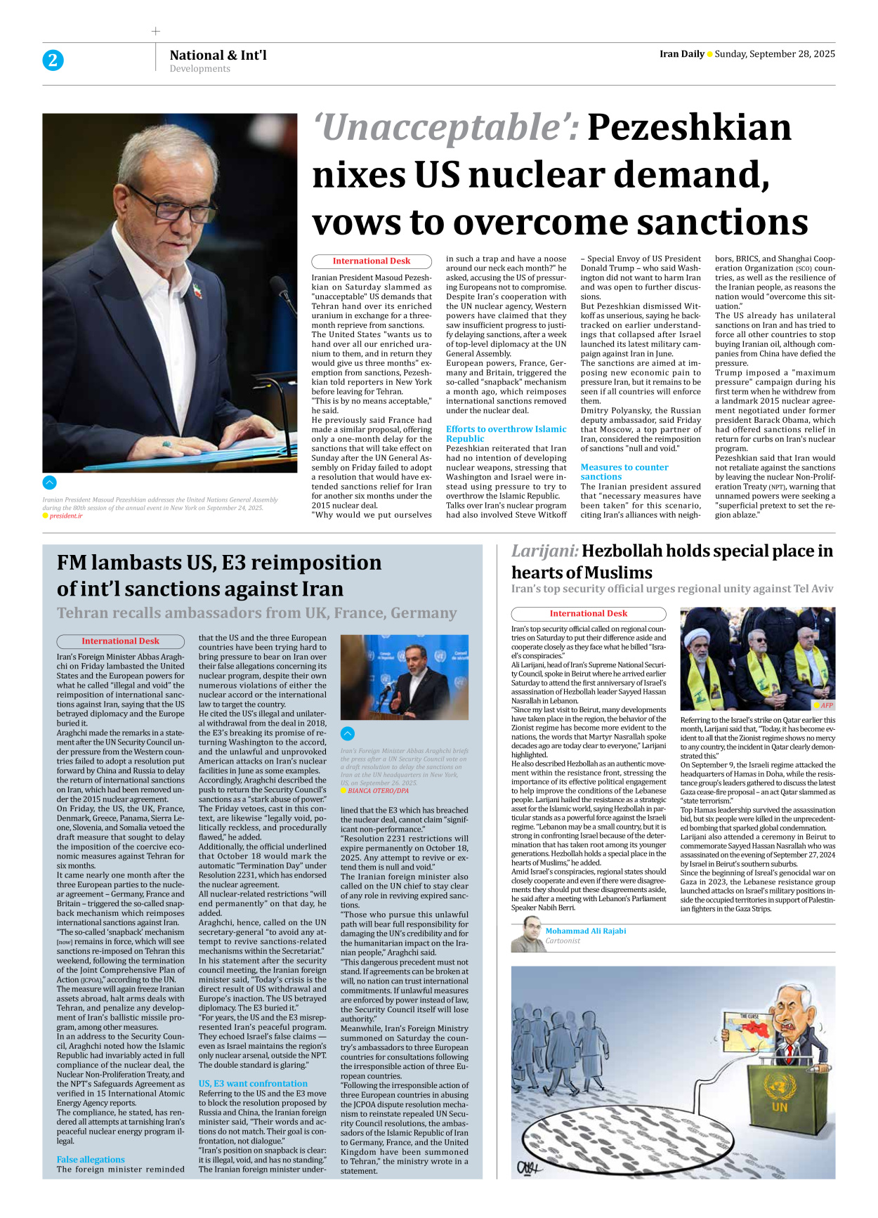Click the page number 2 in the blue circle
click(x=53, y=60)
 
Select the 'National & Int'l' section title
click(x=218, y=55)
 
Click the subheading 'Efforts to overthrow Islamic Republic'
click(x=506, y=433)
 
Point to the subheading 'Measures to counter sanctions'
click(x=624, y=471)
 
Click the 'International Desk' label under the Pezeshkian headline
click(x=372, y=261)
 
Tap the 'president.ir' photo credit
click(x=65, y=516)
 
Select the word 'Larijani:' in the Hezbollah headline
click(x=544, y=551)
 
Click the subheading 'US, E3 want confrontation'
click(x=253, y=1083)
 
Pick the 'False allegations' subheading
click(x=91, y=1159)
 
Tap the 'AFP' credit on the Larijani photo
click(x=827, y=705)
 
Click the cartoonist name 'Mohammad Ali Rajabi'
click(x=586, y=931)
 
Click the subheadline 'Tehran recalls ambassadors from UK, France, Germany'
click(x=256, y=613)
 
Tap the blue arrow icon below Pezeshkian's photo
click(x=49, y=483)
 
